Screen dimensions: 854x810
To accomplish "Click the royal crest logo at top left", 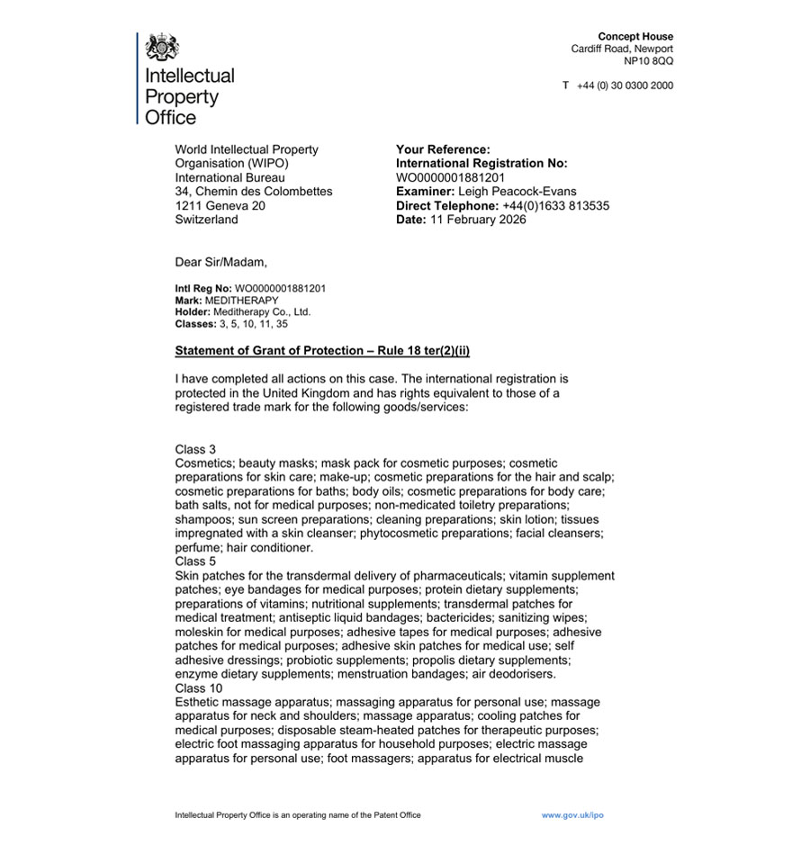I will (x=162, y=47).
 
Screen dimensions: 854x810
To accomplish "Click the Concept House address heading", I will (x=635, y=37).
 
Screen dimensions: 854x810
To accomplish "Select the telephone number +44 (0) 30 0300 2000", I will (x=625, y=85).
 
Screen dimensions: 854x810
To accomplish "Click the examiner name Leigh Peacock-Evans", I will (x=517, y=192).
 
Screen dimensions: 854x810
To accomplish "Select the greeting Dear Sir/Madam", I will (x=221, y=263).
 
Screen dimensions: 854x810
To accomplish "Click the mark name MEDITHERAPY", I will (x=242, y=301).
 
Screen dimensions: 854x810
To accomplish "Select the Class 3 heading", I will (x=195, y=449).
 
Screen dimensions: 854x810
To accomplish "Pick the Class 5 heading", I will (x=195, y=562).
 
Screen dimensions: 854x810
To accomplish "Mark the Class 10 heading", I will (x=199, y=688).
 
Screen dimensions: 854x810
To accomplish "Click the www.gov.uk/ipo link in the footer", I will (x=571, y=815).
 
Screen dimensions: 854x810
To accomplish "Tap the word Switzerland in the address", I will (x=207, y=220).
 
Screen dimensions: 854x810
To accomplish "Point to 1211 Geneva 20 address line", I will (x=220, y=206).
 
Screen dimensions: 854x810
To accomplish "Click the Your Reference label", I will (x=443, y=149).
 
